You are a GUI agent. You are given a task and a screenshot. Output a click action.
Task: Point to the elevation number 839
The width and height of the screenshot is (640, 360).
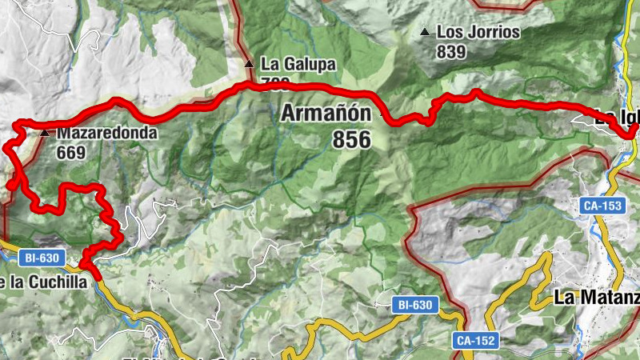pyautogui.click(x=451, y=51)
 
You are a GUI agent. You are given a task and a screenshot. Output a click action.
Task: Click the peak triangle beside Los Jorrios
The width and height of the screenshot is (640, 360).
pyautogui.click(x=425, y=33)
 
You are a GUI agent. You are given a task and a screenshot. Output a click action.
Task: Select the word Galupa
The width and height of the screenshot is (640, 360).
pyautogui.click(x=305, y=63)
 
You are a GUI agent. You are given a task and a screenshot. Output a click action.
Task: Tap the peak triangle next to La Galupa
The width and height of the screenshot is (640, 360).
pyautogui.click(x=250, y=63)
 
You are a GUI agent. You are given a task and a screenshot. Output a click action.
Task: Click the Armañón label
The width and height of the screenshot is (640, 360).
pyautogui.click(x=326, y=114)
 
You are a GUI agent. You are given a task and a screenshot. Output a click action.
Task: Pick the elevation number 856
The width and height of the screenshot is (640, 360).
pyautogui.click(x=351, y=140)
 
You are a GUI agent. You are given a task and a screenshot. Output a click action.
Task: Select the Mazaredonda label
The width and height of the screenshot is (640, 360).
pyautogui.click(x=107, y=133)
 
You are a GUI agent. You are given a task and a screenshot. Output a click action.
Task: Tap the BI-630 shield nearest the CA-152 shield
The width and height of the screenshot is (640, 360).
pyautogui.click(x=414, y=305)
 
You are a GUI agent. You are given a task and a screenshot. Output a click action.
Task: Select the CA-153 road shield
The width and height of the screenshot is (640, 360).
pyautogui.click(x=602, y=206)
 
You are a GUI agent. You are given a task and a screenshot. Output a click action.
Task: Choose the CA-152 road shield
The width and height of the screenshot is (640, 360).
pyautogui.click(x=475, y=340)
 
